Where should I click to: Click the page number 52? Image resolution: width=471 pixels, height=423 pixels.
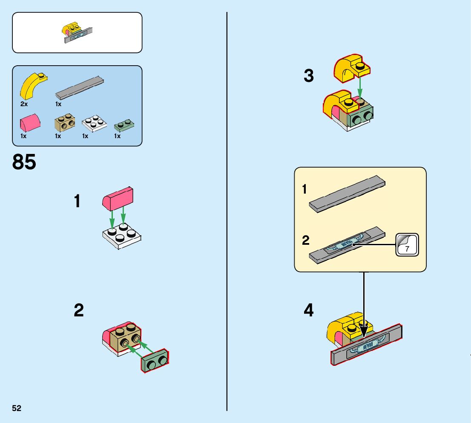pyautogui.click(x=17, y=408)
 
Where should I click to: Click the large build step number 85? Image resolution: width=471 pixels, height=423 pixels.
pyautogui.click(x=24, y=162)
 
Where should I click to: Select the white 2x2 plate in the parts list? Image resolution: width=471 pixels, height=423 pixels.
pyautogui.click(x=94, y=123)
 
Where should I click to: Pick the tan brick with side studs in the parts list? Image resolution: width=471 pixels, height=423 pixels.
pyautogui.click(x=65, y=122)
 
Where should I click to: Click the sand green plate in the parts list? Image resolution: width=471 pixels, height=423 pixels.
pyautogui.click(x=124, y=125)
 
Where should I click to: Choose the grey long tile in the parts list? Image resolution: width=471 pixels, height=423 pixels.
pyautogui.click(x=80, y=88)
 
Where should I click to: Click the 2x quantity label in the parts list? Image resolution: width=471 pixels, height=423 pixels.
pyautogui.click(x=24, y=104)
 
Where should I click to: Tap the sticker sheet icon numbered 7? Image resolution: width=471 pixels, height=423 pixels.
pyautogui.click(x=407, y=245)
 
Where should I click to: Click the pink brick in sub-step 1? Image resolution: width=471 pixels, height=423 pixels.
pyautogui.click(x=118, y=199)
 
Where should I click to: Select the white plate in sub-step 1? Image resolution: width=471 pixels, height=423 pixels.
pyautogui.click(x=122, y=236)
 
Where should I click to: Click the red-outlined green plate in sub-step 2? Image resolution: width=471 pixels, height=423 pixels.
pyautogui.click(x=155, y=361)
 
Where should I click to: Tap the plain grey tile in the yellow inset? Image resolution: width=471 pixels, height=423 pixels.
pyautogui.click(x=347, y=194)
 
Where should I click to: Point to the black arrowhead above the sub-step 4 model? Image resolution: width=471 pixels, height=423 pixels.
pyautogui.click(x=364, y=332)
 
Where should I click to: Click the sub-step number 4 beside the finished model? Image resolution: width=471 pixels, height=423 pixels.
pyautogui.click(x=308, y=310)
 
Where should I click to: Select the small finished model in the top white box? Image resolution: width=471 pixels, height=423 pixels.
pyautogui.click(x=78, y=32)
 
